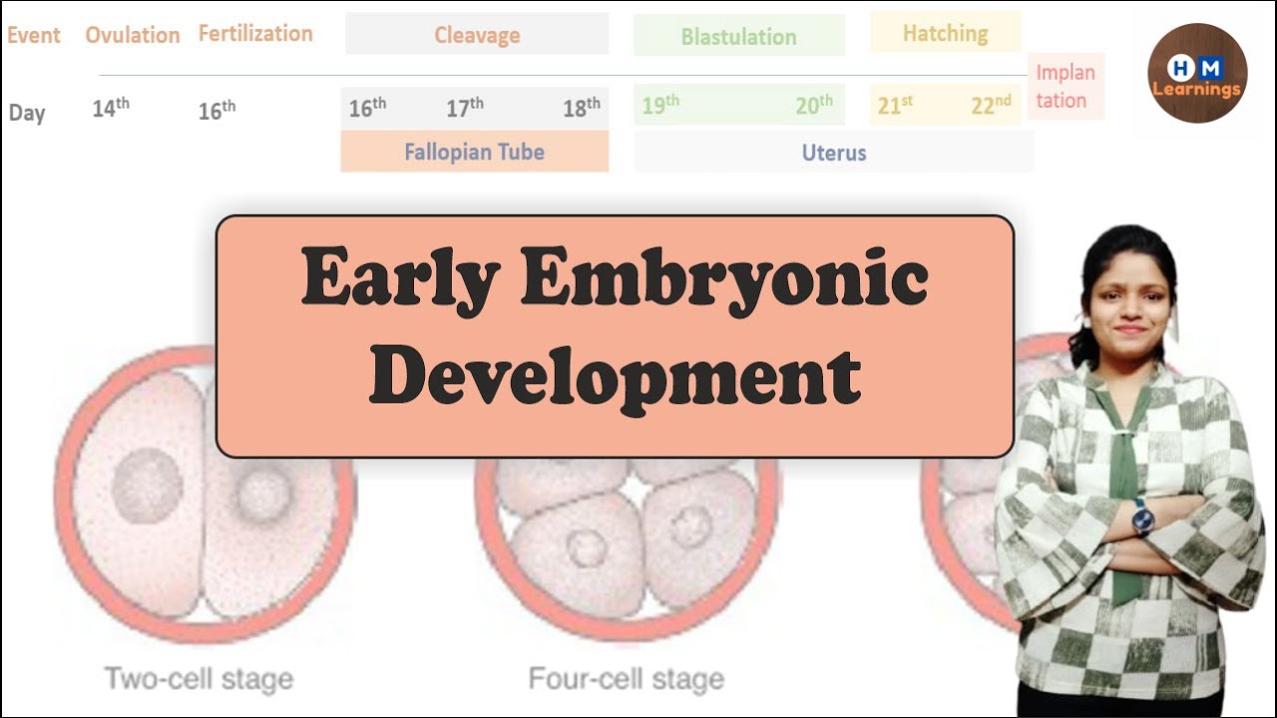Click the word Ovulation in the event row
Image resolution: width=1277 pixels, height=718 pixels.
point(132,36)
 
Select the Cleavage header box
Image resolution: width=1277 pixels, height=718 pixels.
point(477,35)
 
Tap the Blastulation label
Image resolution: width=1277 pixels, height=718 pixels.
point(738,37)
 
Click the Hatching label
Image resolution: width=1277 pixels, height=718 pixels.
point(945,33)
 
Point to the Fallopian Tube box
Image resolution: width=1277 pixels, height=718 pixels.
point(474,153)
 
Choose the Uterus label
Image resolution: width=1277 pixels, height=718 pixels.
point(834,153)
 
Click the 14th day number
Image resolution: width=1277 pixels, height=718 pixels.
point(111,109)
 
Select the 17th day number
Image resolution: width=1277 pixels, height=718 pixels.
point(465,108)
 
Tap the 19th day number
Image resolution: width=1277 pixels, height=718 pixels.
point(660,106)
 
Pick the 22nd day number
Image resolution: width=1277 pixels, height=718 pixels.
point(991,106)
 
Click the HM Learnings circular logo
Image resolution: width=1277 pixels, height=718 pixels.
point(1196,74)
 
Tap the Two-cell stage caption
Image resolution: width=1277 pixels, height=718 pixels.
point(199,680)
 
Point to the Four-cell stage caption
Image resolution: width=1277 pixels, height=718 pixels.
point(626,680)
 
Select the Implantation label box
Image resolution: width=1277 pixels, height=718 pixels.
point(1065,87)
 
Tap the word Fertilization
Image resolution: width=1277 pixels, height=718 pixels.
point(255,34)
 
